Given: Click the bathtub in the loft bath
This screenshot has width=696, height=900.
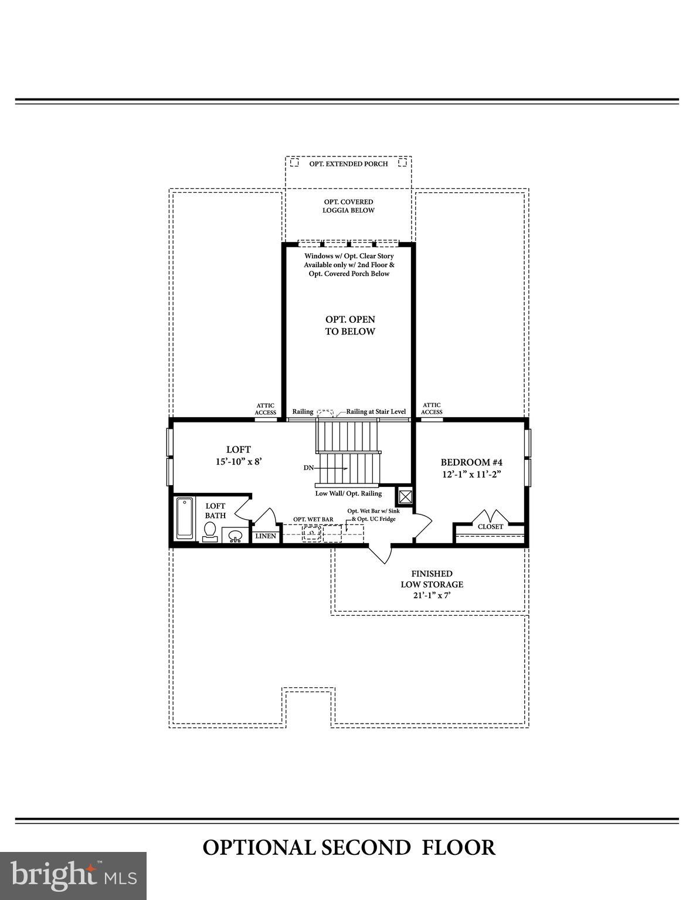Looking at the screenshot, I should coord(185,518).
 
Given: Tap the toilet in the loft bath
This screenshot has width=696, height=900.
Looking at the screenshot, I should coord(209,530).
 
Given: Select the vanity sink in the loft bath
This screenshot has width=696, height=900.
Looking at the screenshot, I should coord(235,536).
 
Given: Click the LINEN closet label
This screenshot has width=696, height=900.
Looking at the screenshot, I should coord(266,536).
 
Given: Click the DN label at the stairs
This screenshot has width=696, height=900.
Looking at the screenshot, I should coord(308,468).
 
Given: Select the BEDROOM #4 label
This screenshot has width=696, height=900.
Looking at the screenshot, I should coord(471,462).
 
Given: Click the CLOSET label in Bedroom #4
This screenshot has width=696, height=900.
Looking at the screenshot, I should coord(490,527).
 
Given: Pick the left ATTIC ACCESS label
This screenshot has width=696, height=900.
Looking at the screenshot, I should coord(265,409).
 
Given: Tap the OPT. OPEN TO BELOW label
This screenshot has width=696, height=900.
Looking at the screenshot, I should coord(350,325).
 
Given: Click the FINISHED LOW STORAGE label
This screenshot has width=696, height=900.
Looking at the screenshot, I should coord(432,584).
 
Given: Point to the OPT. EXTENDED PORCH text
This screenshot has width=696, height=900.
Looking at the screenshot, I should coord(348,164).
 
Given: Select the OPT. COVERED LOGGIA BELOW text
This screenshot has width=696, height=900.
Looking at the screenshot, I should coord(348,206).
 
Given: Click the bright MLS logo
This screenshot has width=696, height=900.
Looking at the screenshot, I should coord(73,875).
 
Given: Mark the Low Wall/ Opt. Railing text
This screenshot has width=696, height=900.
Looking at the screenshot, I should coord(348,493).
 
